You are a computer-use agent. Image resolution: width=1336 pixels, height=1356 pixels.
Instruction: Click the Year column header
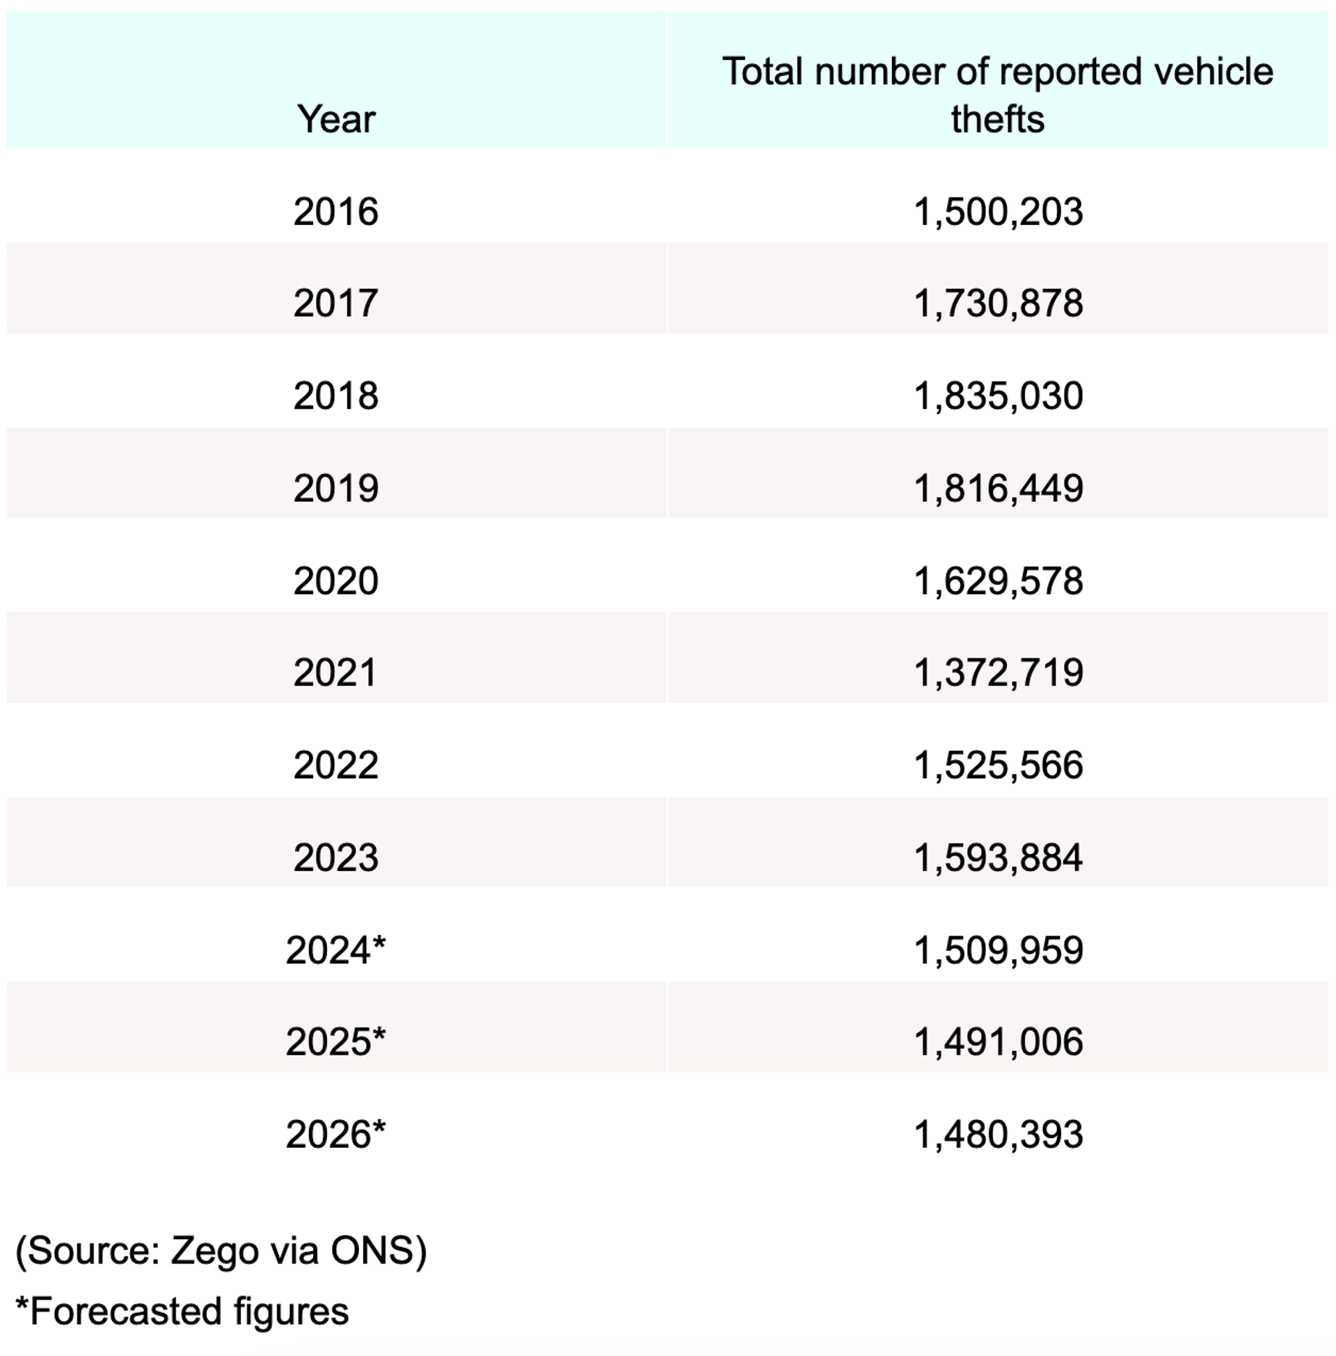coord(336,118)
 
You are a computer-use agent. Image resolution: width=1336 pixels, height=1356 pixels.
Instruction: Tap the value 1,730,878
coord(998,303)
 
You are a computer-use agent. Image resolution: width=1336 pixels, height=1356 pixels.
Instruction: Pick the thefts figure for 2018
coord(998,396)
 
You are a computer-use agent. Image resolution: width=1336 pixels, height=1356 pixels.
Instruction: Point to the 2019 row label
coord(335,488)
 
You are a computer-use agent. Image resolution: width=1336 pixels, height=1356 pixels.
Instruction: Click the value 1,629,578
coord(998,581)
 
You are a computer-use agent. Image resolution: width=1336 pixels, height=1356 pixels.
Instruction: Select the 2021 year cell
coord(335,672)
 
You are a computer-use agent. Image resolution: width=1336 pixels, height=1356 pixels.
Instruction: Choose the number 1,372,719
coord(998,672)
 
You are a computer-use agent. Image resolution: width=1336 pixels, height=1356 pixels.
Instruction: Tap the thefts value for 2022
coord(998,765)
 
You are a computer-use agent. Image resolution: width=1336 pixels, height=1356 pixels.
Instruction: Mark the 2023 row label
coord(335,858)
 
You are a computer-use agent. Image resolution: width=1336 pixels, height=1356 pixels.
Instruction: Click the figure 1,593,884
coord(998,858)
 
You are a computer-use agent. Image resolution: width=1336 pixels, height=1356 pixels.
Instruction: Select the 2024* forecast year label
coord(335,950)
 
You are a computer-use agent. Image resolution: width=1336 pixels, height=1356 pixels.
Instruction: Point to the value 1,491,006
coord(998,1041)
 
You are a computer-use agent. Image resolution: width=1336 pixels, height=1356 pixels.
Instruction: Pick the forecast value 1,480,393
coord(998,1134)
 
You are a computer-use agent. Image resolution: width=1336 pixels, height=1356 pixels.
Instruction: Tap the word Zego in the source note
coord(215,1250)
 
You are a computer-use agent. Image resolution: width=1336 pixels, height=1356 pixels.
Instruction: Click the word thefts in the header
coord(997,118)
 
